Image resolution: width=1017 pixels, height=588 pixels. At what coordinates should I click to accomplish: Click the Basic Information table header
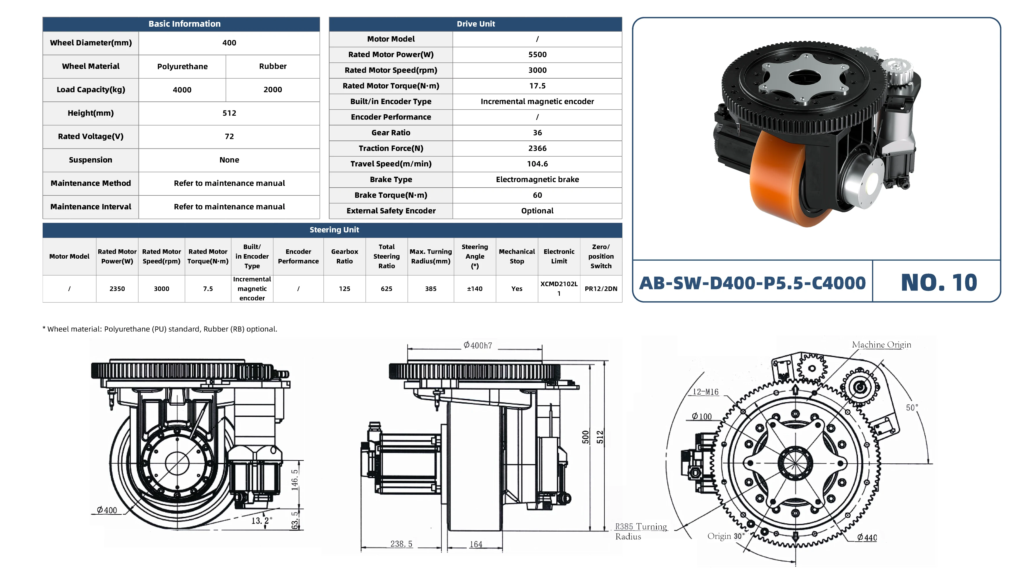pyautogui.click(x=184, y=24)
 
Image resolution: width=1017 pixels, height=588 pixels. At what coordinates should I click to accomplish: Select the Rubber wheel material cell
pyautogui.click(x=273, y=66)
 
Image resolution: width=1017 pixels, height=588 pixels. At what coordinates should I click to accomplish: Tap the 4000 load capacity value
pyautogui.click(x=182, y=90)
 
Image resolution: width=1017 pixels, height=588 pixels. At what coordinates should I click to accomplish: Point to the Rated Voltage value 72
pyautogui.click(x=229, y=136)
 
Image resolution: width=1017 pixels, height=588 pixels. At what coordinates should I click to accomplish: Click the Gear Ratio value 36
pyautogui.click(x=537, y=133)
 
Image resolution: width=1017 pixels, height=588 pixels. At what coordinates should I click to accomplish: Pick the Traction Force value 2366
pyautogui.click(x=537, y=148)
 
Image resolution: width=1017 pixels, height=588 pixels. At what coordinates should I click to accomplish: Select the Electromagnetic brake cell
pyautogui.click(x=537, y=179)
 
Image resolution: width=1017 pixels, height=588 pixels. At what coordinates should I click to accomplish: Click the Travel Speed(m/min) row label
pyautogui.click(x=391, y=164)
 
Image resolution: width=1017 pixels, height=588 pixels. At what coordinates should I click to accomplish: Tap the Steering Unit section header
pyautogui.click(x=334, y=230)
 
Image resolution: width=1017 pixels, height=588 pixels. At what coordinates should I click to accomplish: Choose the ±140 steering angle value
pyautogui.click(x=475, y=288)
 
